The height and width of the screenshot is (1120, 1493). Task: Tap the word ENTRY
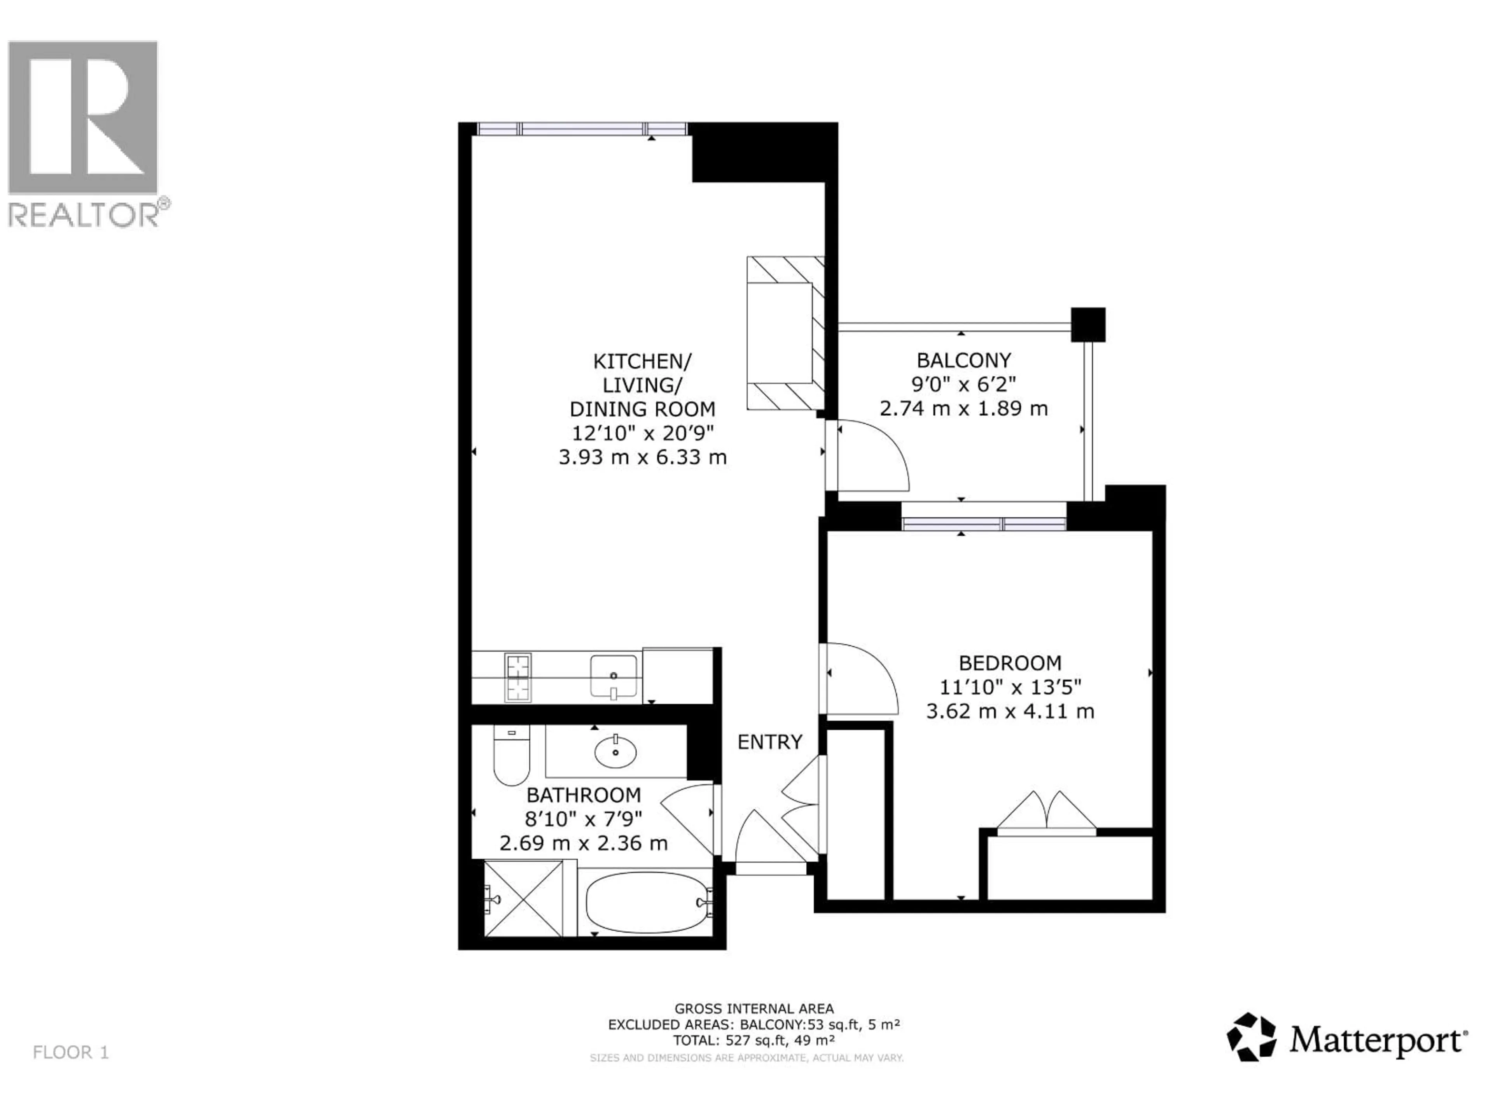click(x=769, y=742)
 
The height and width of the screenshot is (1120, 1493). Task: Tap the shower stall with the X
click(x=524, y=898)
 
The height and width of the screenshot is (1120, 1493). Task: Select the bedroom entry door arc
click(x=862, y=679)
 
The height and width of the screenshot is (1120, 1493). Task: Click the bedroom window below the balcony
click(x=984, y=524)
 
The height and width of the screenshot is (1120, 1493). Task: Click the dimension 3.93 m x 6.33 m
click(x=642, y=457)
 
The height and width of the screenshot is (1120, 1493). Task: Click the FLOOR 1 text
click(x=71, y=1052)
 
